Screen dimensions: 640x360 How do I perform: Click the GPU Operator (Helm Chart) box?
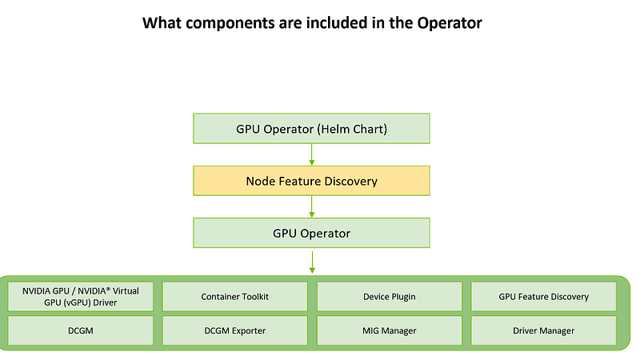[311, 129]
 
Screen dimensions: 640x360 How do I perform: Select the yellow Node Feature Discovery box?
[311, 181]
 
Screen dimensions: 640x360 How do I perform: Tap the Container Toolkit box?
[234, 297]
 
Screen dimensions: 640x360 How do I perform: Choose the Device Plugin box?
[390, 297]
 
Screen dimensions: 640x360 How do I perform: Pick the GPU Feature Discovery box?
[544, 297]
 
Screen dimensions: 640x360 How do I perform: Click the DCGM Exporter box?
[234, 330]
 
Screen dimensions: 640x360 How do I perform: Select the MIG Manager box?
[390, 330]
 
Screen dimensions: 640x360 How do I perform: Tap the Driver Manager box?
[544, 330]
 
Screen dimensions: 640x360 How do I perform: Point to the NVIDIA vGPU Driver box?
[81, 297]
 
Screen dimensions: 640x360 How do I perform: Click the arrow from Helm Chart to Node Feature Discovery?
[312, 154]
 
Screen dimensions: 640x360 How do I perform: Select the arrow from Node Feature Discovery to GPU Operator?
[312, 206]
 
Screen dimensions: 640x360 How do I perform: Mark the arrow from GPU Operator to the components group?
[312, 262]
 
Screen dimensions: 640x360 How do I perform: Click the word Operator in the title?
[450, 23]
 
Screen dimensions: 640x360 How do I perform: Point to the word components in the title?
[230, 23]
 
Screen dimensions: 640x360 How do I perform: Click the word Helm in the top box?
[334, 129]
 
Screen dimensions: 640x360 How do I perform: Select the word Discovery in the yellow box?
[350, 182]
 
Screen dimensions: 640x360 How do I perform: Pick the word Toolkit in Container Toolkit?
[255, 297]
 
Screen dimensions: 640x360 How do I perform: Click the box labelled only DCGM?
[81, 330]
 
